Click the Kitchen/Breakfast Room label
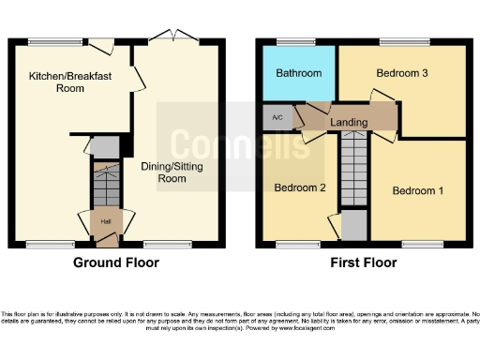click(56, 82)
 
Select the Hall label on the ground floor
click(106, 221)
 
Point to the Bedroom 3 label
click(402, 72)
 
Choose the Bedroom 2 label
click(300, 187)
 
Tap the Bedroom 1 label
click(418, 191)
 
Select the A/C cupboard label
click(277, 118)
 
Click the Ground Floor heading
click(117, 264)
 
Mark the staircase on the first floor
click(353, 169)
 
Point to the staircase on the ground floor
click(106, 184)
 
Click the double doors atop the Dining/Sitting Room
click(173, 38)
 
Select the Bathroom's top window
click(284, 40)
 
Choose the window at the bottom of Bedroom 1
click(417, 246)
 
